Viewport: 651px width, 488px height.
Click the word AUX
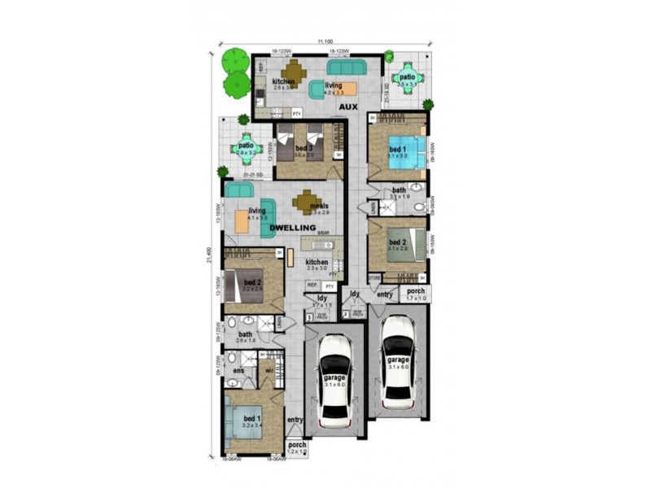(x=350, y=106)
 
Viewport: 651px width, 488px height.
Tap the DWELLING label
(x=292, y=228)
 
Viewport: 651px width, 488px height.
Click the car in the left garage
(x=335, y=381)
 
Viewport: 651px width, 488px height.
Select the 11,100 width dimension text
(x=325, y=41)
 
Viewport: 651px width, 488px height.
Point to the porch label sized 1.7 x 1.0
(x=416, y=294)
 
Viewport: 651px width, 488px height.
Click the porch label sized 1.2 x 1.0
(x=297, y=447)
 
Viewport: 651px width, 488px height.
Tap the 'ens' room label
(x=238, y=371)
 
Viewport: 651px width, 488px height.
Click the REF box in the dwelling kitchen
(x=312, y=285)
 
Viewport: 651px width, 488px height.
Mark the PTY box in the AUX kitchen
(x=297, y=113)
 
